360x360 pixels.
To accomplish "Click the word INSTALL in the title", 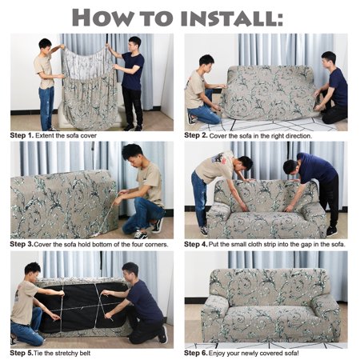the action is tap(232, 18).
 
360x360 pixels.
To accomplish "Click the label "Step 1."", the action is tap(22, 135).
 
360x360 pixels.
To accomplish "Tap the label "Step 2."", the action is tap(196, 135).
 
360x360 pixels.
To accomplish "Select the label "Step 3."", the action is tap(22, 244).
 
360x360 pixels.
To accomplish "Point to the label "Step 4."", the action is tap(196, 244).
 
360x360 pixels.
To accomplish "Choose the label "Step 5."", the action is tap(22, 353).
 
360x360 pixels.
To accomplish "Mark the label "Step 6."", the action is tap(196, 353).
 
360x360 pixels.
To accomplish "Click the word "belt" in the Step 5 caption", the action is tap(85, 353).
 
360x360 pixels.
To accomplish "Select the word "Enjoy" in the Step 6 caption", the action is tap(217, 354).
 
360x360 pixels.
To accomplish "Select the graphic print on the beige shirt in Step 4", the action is tap(219, 158).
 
